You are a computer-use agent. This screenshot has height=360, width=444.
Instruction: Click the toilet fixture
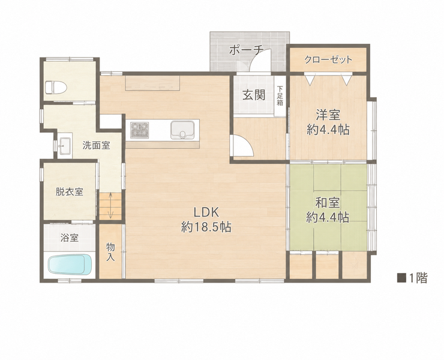(x=56, y=87)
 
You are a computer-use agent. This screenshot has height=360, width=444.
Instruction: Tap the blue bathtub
(x=70, y=264)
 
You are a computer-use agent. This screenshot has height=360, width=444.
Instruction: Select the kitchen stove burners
(x=140, y=130)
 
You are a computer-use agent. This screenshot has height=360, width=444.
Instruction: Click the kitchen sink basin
(x=182, y=130)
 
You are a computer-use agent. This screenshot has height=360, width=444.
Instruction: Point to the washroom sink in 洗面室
(x=65, y=146)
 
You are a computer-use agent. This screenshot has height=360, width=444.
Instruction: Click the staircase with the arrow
(x=110, y=206)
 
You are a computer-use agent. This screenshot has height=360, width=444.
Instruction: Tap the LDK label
(x=206, y=212)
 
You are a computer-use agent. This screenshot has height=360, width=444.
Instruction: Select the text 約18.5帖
(x=206, y=227)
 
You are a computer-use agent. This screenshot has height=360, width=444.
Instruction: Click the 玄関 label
(x=254, y=95)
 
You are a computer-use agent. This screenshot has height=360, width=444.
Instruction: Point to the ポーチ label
(x=246, y=50)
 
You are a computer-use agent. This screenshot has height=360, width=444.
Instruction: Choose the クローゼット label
(x=328, y=60)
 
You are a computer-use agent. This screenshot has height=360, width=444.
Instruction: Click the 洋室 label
(x=328, y=115)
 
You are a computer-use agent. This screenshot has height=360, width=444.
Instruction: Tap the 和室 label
(x=328, y=203)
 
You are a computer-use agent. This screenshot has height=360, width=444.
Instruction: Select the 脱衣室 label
(x=70, y=192)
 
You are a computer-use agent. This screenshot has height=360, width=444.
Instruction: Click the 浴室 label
(x=70, y=238)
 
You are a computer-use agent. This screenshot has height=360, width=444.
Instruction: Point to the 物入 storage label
(x=110, y=252)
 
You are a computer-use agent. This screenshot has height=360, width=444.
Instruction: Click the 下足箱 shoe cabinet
(x=280, y=96)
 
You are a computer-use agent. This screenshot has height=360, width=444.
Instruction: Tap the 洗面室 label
(x=96, y=145)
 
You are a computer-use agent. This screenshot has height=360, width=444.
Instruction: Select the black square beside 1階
(x=401, y=278)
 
